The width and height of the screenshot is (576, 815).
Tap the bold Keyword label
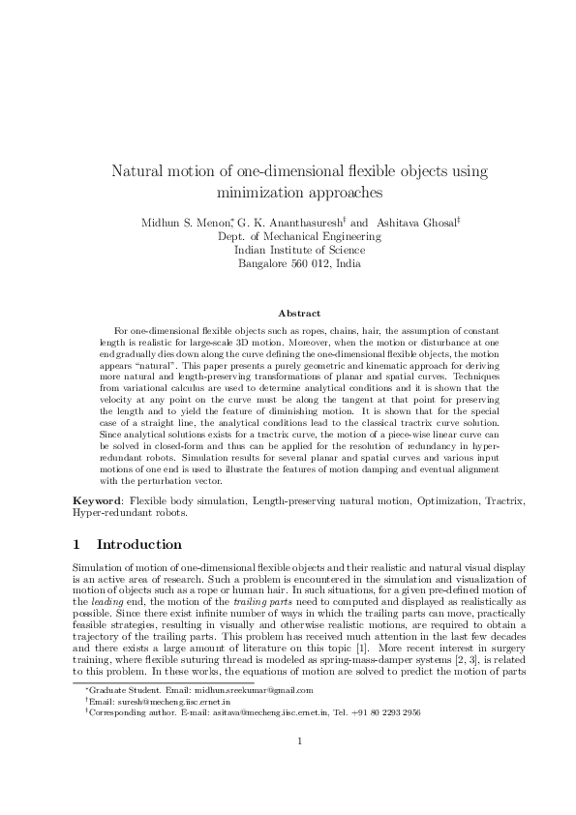102,501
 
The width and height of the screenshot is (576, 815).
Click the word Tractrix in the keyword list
500,501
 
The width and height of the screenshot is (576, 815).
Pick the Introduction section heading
139,544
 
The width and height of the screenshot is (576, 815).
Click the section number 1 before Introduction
77,544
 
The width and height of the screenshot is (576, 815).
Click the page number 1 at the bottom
299,770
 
